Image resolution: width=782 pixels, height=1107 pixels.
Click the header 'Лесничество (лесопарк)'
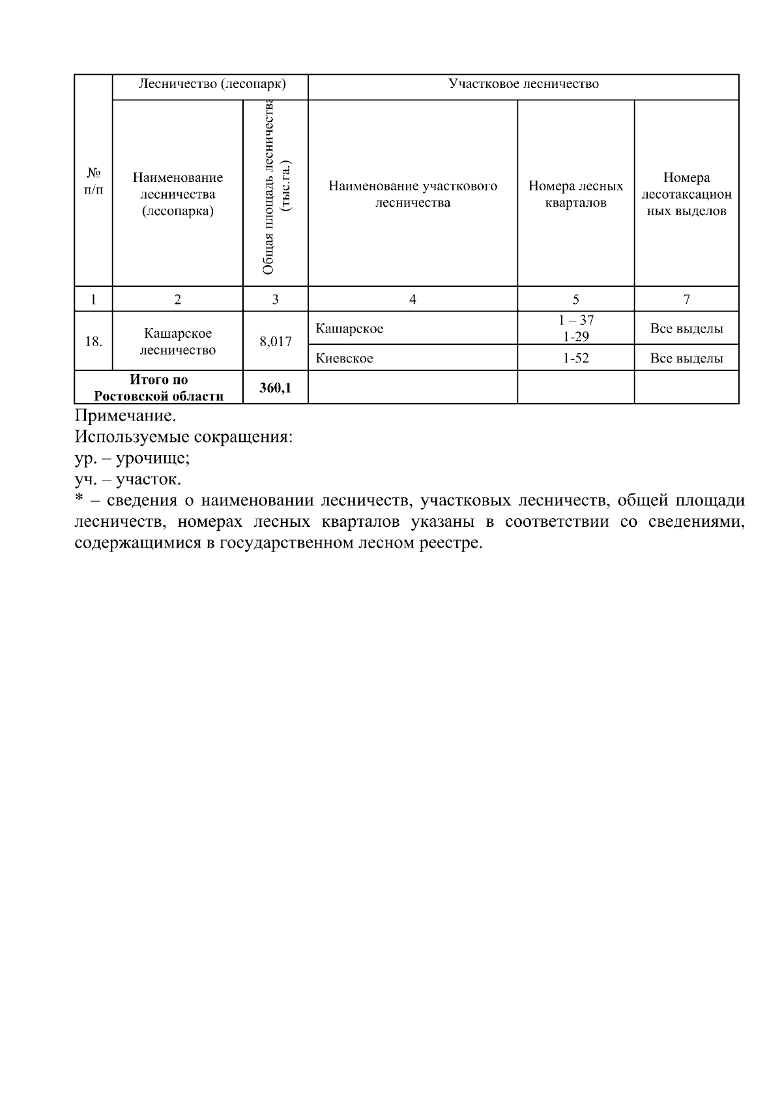pos(212,85)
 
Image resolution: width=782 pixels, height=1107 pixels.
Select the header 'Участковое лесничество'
pos(523,85)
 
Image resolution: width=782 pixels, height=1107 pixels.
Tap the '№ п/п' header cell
pos(94,181)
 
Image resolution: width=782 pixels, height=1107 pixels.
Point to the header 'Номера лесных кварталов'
pos(575,194)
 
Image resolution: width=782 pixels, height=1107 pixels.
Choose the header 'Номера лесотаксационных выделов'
pos(686,194)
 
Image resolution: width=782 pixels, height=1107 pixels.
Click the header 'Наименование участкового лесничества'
pos(413,194)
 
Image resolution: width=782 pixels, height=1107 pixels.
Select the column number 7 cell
pos(686,299)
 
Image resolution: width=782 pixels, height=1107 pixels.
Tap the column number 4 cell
pos(413,299)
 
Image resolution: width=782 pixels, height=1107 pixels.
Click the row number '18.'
pos(94,341)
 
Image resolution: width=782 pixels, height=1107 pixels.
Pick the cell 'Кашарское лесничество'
pos(177,342)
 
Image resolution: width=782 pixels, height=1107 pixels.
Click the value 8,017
pos(275,341)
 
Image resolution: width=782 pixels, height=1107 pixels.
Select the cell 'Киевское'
pos(345,359)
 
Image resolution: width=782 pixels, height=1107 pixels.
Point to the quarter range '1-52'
pos(575,359)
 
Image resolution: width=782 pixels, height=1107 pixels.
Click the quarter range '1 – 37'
pos(575,320)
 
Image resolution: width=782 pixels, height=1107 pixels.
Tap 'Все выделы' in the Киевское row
pos(686,359)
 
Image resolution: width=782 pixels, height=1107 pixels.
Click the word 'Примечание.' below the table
pos(125,416)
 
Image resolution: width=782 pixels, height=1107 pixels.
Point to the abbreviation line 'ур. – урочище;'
pos(132,458)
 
